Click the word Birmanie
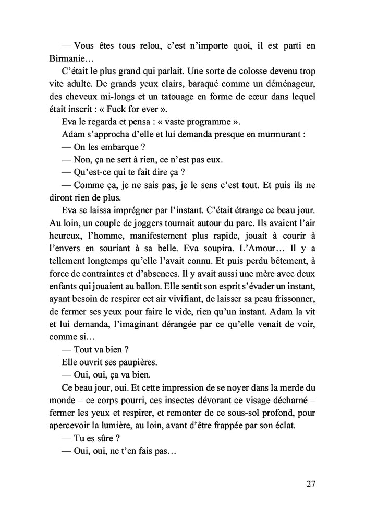[68, 59]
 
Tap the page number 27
[310, 483]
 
